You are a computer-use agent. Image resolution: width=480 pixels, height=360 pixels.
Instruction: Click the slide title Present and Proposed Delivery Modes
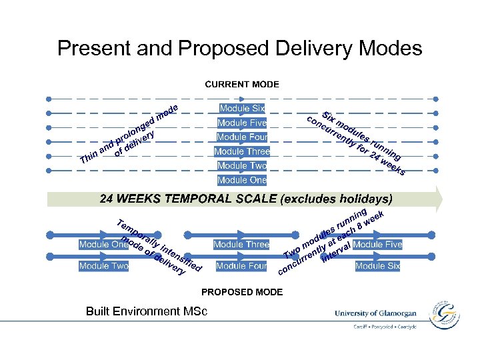[x=239, y=48]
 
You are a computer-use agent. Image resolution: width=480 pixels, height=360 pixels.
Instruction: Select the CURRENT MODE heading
[x=242, y=85]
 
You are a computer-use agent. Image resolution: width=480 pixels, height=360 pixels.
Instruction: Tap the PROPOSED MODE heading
[x=242, y=292]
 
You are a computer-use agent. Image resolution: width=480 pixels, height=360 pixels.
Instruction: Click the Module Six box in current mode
[x=242, y=109]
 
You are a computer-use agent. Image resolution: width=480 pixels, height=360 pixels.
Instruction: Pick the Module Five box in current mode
[x=242, y=123]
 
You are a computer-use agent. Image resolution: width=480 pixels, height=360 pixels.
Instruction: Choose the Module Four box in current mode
[x=242, y=137]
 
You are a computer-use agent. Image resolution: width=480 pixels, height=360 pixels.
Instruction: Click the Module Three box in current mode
[x=242, y=151]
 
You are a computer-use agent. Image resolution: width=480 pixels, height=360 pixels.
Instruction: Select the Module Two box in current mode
[x=242, y=166]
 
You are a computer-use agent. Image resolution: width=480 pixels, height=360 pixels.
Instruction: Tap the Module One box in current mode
[x=242, y=180]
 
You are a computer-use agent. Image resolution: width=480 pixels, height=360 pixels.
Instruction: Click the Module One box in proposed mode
[x=103, y=245]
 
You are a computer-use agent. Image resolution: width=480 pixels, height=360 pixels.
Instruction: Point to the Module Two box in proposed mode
[x=103, y=266]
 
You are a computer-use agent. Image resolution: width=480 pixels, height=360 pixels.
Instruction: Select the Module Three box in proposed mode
[x=241, y=245]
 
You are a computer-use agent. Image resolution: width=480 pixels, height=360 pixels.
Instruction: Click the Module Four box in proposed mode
[x=241, y=266]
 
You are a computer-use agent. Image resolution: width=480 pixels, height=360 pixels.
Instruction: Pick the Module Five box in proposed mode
[x=378, y=245]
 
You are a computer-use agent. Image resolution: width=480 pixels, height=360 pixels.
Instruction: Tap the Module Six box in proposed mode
[x=378, y=266]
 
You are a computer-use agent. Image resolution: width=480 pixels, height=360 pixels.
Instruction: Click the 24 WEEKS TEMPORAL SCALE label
[x=246, y=199]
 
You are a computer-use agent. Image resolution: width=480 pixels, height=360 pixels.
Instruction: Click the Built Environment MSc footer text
[x=147, y=311]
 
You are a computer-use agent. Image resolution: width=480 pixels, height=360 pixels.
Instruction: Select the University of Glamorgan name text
[x=375, y=313]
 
